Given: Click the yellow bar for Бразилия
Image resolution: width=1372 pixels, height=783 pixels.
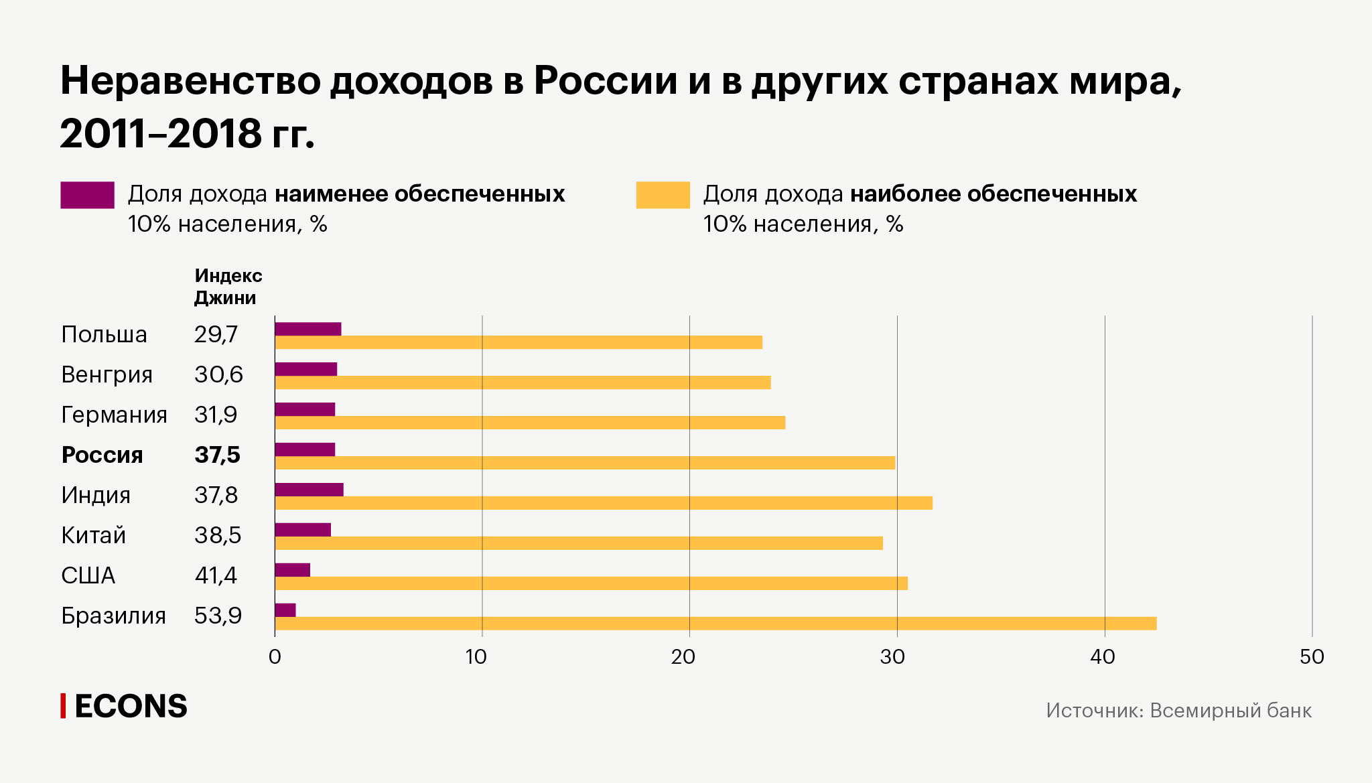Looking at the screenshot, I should pyautogui.click(x=715, y=624).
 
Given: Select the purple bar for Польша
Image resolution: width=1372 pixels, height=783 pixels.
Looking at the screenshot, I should pyautogui.click(x=308, y=329).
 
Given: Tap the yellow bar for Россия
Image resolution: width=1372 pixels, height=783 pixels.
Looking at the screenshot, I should pyautogui.click(x=585, y=463).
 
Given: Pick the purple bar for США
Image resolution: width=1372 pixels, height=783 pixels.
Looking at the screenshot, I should pyautogui.click(x=293, y=570).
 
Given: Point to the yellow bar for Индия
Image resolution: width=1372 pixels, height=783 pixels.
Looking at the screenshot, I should pyautogui.click(x=604, y=503).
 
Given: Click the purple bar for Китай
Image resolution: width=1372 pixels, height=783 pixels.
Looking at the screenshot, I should pyautogui.click(x=303, y=530).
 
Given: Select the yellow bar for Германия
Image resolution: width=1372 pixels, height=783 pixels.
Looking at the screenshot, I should pyautogui.click(x=530, y=423).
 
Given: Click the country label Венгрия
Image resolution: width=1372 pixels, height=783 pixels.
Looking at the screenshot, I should pyautogui.click(x=107, y=374).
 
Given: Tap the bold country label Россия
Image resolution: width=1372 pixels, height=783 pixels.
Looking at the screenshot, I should pyautogui.click(x=102, y=455).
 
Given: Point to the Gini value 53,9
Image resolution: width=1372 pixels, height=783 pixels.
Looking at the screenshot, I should pyautogui.click(x=218, y=616).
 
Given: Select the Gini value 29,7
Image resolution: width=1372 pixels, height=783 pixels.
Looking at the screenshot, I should pyautogui.click(x=216, y=334).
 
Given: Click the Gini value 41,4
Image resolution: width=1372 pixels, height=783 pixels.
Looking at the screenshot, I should pyautogui.click(x=216, y=575).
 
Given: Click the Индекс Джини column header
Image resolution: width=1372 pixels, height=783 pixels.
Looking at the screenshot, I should pyautogui.click(x=228, y=287).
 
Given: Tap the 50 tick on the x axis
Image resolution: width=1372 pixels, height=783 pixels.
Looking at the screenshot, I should pyautogui.click(x=1312, y=657).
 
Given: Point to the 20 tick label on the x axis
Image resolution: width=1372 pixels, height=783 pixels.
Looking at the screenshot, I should pyautogui.click(x=683, y=657).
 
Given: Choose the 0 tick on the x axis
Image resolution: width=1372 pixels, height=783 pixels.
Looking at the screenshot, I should pyautogui.click(x=275, y=657).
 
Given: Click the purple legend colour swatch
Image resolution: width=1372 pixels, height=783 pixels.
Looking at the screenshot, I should pyautogui.click(x=87, y=195).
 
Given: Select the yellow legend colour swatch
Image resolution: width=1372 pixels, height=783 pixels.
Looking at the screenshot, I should pyautogui.click(x=663, y=195).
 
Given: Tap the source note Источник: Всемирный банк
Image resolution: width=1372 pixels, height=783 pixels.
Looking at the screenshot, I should pyautogui.click(x=1178, y=711).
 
